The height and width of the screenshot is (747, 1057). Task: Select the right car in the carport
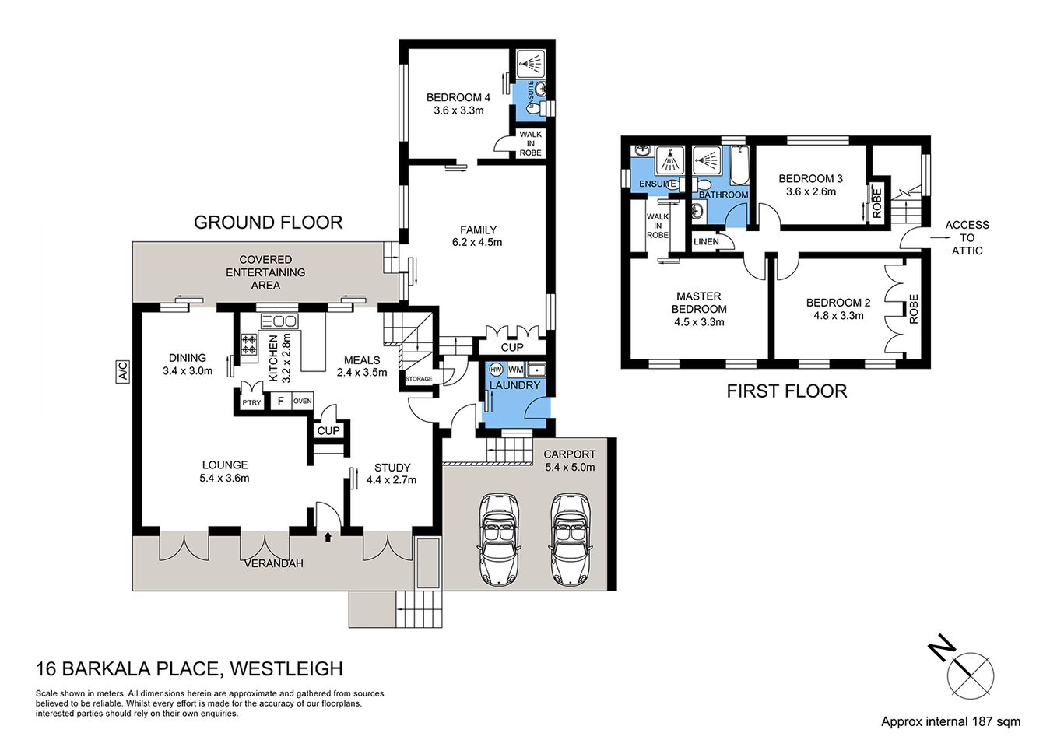click(x=569, y=538)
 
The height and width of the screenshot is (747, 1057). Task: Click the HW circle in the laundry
click(x=496, y=370)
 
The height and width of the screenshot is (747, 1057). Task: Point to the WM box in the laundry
click(x=515, y=370)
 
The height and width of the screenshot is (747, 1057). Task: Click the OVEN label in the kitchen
click(x=302, y=402)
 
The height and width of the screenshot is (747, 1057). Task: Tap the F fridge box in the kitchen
click(x=279, y=402)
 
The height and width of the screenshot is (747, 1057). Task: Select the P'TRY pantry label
click(x=251, y=402)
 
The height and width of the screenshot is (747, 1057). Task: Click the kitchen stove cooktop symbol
click(x=249, y=344)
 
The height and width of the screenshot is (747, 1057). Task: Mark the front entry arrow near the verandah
click(x=327, y=536)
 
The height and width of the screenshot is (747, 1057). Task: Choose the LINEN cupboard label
click(x=706, y=241)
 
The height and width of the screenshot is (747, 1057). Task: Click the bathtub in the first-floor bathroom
click(x=738, y=166)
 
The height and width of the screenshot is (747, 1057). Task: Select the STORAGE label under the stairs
click(x=418, y=379)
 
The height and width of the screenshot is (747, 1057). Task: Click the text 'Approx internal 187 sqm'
click(x=950, y=721)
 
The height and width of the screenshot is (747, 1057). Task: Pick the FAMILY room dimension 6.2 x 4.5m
click(x=478, y=242)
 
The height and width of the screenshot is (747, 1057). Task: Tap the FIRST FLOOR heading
click(x=786, y=391)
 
